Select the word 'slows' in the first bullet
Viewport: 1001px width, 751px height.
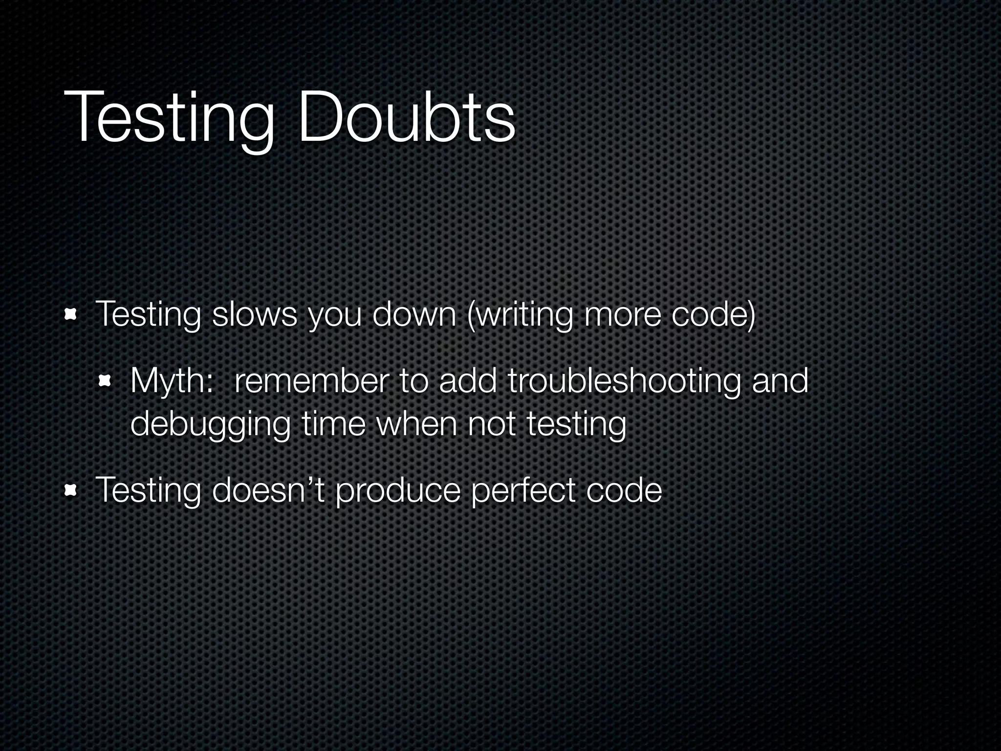[x=255, y=314]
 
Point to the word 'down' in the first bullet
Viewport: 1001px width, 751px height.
[x=414, y=314]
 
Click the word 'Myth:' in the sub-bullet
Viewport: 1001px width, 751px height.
[x=172, y=382]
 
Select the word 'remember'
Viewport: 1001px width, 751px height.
[x=311, y=381]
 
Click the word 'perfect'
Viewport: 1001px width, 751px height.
[x=522, y=490]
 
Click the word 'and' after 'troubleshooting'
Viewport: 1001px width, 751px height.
[x=780, y=381]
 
